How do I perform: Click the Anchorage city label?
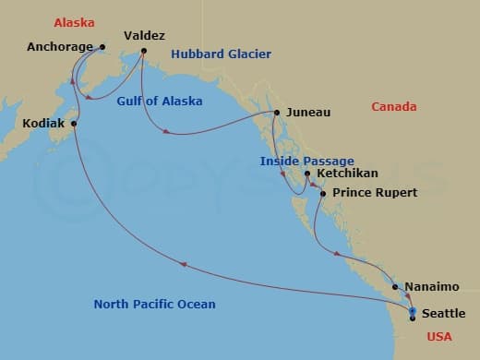(60, 47)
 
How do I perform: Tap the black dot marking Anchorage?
(102, 47)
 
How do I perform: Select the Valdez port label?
(143, 35)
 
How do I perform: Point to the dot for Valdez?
(144, 51)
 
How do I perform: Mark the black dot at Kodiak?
(74, 123)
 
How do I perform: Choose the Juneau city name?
(307, 114)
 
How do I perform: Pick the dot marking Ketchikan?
(307, 174)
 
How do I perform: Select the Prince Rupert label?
(375, 193)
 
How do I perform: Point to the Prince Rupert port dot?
(322, 193)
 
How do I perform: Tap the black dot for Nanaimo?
(396, 287)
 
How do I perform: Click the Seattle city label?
(443, 314)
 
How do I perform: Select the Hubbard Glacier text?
(221, 54)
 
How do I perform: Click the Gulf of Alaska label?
(161, 101)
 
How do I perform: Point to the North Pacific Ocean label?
(154, 305)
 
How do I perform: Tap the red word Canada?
(393, 107)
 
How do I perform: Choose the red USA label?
(439, 337)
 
